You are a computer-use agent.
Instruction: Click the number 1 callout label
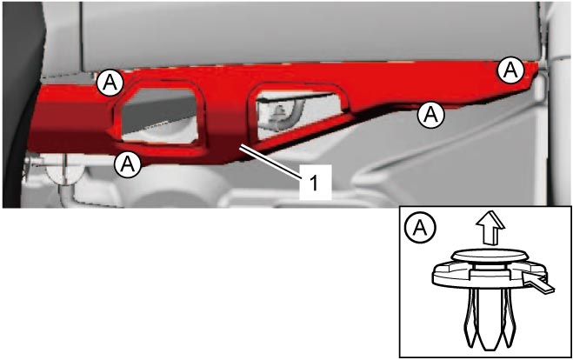315,182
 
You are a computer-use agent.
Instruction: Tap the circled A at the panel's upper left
110,83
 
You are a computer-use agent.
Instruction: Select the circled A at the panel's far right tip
510,70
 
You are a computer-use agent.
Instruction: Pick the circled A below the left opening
128,164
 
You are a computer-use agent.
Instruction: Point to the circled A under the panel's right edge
431,115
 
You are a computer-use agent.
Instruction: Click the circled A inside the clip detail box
420,228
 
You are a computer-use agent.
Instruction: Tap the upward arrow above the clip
490,229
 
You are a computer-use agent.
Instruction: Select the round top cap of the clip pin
488,255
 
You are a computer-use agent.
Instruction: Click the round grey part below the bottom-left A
64,172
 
